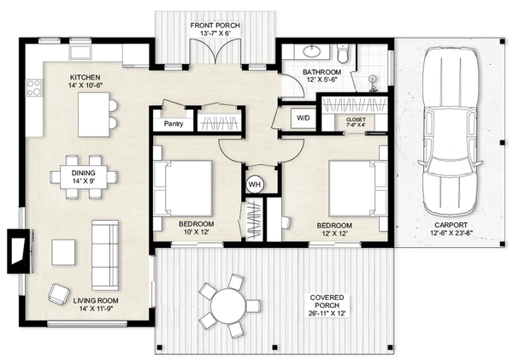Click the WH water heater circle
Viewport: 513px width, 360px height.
255,184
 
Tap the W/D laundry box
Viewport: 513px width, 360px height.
304,117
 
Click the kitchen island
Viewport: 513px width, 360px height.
96,115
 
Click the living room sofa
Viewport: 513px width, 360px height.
105,254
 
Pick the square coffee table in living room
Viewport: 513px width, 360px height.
64,252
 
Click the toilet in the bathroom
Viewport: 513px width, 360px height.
344,54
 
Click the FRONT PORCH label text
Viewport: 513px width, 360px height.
215,27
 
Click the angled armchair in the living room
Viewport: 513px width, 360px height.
58,293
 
